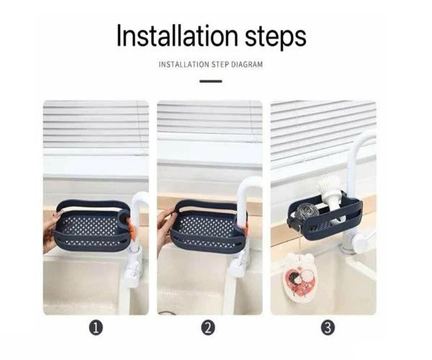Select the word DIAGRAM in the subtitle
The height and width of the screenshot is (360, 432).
246,65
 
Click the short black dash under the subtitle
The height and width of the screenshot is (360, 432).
211,81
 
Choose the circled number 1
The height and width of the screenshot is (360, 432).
97,328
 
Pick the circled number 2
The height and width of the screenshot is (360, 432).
208,328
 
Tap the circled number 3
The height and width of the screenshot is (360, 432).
328,328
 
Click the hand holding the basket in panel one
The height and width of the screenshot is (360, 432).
50,232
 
